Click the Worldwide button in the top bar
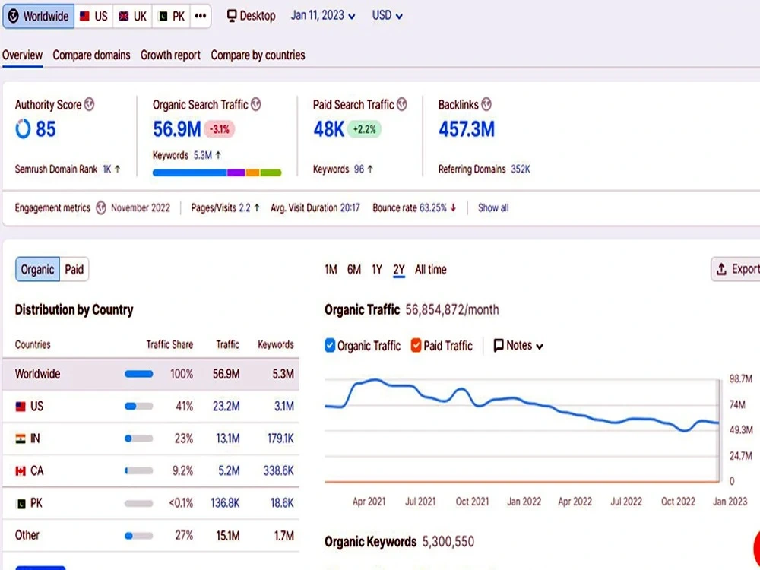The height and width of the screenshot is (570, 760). tap(38, 16)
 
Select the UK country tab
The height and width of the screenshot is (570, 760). tap(132, 16)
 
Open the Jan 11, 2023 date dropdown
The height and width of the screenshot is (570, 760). tap(323, 15)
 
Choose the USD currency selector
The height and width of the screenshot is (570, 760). tap(388, 15)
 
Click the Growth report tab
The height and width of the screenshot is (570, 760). tap(170, 55)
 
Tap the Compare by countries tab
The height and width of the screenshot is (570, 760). tap(258, 55)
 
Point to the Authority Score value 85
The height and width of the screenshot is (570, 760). tap(46, 129)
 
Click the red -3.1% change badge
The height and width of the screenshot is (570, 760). tap(220, 129)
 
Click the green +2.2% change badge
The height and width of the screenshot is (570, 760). tap(364, 129)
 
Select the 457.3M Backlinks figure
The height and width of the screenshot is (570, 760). tap(467, 129)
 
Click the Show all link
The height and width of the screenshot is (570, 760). tap(493, 208)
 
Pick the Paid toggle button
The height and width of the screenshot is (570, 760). tap(74, 270)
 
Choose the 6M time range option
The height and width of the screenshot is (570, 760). tap(354, 270)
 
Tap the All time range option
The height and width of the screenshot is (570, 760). tap(430, 270)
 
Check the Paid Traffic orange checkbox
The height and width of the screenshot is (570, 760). tap(416, 345)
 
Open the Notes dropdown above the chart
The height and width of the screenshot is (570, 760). tap(518, 346)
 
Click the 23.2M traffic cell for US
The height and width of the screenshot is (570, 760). tap(226, 406)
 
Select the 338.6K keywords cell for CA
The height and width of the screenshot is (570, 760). tap(278, 470)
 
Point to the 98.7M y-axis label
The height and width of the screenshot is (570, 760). tap(740, 378)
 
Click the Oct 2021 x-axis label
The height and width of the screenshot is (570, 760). tap(472, 502)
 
